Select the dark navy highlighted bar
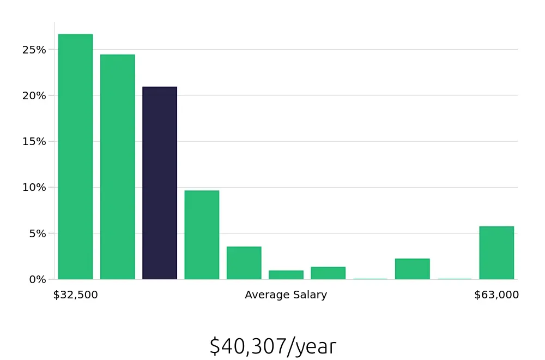tap(160, 183)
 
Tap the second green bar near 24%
tap(117, 167)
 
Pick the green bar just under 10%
tap(202, 235)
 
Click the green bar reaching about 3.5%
tap(244, 263)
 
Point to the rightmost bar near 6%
tap(496, 253)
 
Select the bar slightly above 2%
tap(412, 269)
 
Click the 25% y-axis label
tap(34, 50)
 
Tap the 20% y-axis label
tap(34, 95)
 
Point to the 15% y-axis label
tap(34, 141)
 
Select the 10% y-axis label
tap(34, 187)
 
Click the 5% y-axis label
tap(37, 233)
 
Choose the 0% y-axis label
tap(37, 279)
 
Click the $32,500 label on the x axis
tap(75, 295)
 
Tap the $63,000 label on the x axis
tap(496, 295)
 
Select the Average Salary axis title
tap(286, 295)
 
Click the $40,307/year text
tap(272, 346)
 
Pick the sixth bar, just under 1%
tap(286, 275)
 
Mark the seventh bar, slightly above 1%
tap(328, 273)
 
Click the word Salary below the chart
tap(310, 295)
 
